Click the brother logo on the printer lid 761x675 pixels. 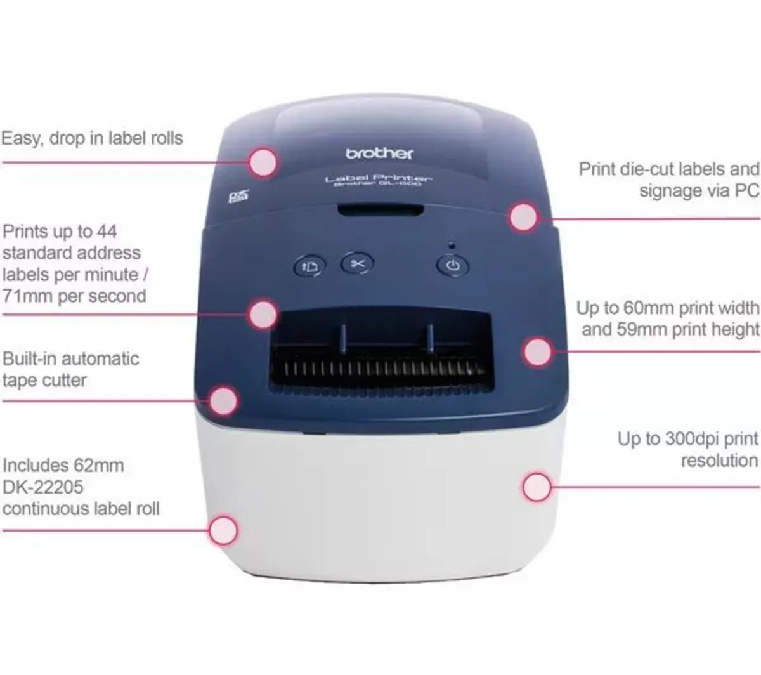pyautogui.click(x=379, y=154)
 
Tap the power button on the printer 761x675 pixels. pyautogui.click(x=453, y=265)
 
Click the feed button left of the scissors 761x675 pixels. pyautogui.click(x=309, y=266)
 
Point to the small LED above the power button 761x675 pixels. pyautogui.click(x=452, y=244)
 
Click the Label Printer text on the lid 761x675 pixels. pyautogui.click(x=379, y=179)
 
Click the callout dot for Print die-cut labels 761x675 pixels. pyautogui.click(x=524, y=218)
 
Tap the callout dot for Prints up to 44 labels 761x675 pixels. pyautogui.click(x=262, y=314)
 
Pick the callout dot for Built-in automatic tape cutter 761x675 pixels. pyautogui.click(x=223, y=401)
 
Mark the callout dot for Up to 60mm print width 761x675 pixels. pyautogui.click(x=537, y=351)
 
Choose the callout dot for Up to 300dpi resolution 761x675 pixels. pyautogui.click(x=537, y=487)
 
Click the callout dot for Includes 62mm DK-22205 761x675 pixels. pyautogui.click(x=223, y=530)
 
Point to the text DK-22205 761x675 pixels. pyautogui.click(x=43, y=487)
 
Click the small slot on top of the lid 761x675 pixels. pyautogui.click(x=380, y=210)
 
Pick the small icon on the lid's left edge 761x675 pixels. pyautogui.click(x=235, y=197)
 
